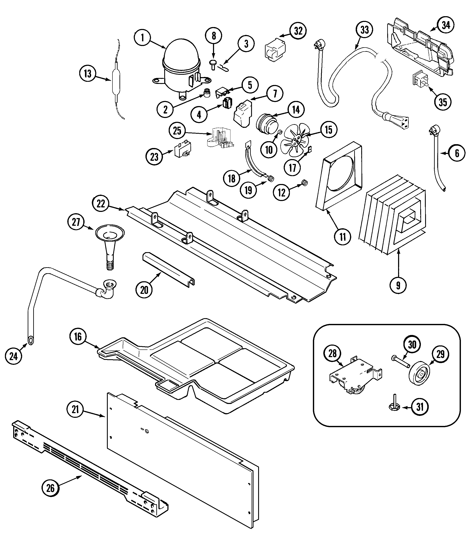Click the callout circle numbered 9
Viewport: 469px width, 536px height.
coord(398,286)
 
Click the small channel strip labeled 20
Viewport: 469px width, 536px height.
coord(168,269)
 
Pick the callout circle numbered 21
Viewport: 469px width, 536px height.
coord(75,409)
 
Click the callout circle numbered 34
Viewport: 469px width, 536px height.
coord(446,25)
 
